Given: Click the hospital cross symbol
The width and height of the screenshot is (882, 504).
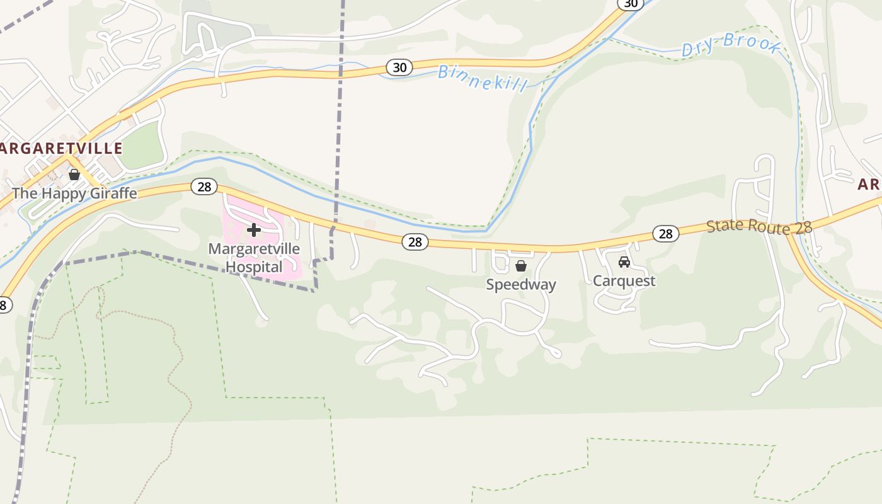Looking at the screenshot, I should click(x=254, y=231).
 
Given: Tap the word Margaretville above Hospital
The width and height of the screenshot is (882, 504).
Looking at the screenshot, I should click(x=254, y=249).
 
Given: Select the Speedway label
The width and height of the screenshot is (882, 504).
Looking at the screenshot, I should click(x=521, y=285).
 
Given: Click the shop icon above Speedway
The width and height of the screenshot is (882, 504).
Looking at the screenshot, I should click(x=521, y=266).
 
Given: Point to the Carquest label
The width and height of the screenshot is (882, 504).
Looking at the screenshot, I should click(x=624, y=281).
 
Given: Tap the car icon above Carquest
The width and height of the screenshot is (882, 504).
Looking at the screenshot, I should click(x=624, y=262).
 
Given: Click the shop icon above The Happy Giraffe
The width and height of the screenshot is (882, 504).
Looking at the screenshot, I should click(x=74, y=175).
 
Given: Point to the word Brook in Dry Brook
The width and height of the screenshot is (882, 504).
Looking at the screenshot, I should click(x=752, y=43).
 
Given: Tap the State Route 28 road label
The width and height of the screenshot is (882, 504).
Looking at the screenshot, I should click(x=759, y=227).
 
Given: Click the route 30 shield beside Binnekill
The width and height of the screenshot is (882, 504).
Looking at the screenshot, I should click(x=399, y=67).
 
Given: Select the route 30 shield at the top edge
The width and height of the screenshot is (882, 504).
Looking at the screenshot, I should click(x=630, y=4).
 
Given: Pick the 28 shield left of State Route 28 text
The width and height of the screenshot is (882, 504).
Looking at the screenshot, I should click(x=665, y=234).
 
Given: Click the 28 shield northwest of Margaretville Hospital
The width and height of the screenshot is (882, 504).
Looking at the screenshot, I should click(x=204, y=186).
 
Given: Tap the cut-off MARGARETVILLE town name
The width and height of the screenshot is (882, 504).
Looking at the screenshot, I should click(x=61, y=149).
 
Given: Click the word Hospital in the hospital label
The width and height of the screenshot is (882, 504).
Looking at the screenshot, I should click(x=254, y=267).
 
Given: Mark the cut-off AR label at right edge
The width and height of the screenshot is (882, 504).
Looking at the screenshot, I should click(x=869, y=185).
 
